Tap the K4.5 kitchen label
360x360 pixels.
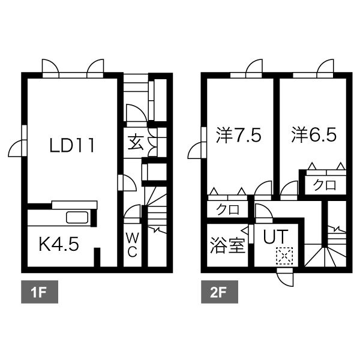pos(58,245)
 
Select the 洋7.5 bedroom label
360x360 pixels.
pos(238,135)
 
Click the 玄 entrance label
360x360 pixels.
pos(136,143)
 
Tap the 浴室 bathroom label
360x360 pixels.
pos(227,245)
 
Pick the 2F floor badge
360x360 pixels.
pos(218,294)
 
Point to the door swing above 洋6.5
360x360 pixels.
pos(326,65)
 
